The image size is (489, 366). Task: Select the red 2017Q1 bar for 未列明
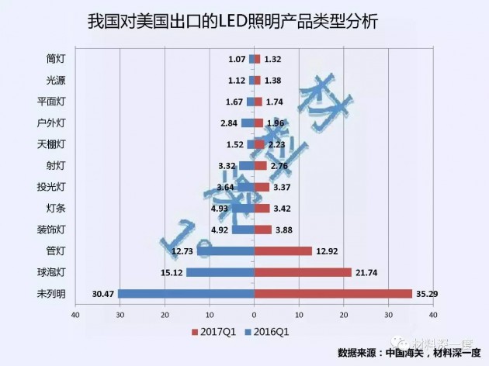333,294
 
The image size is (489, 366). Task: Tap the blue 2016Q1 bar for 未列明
186,294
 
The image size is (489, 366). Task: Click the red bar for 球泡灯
303,272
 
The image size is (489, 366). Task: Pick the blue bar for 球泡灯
220,272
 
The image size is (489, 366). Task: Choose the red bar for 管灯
283,250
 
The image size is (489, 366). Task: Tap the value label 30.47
103,294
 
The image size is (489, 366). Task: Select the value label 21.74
368,272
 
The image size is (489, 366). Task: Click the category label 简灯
56,58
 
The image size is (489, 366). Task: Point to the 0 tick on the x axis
254,315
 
